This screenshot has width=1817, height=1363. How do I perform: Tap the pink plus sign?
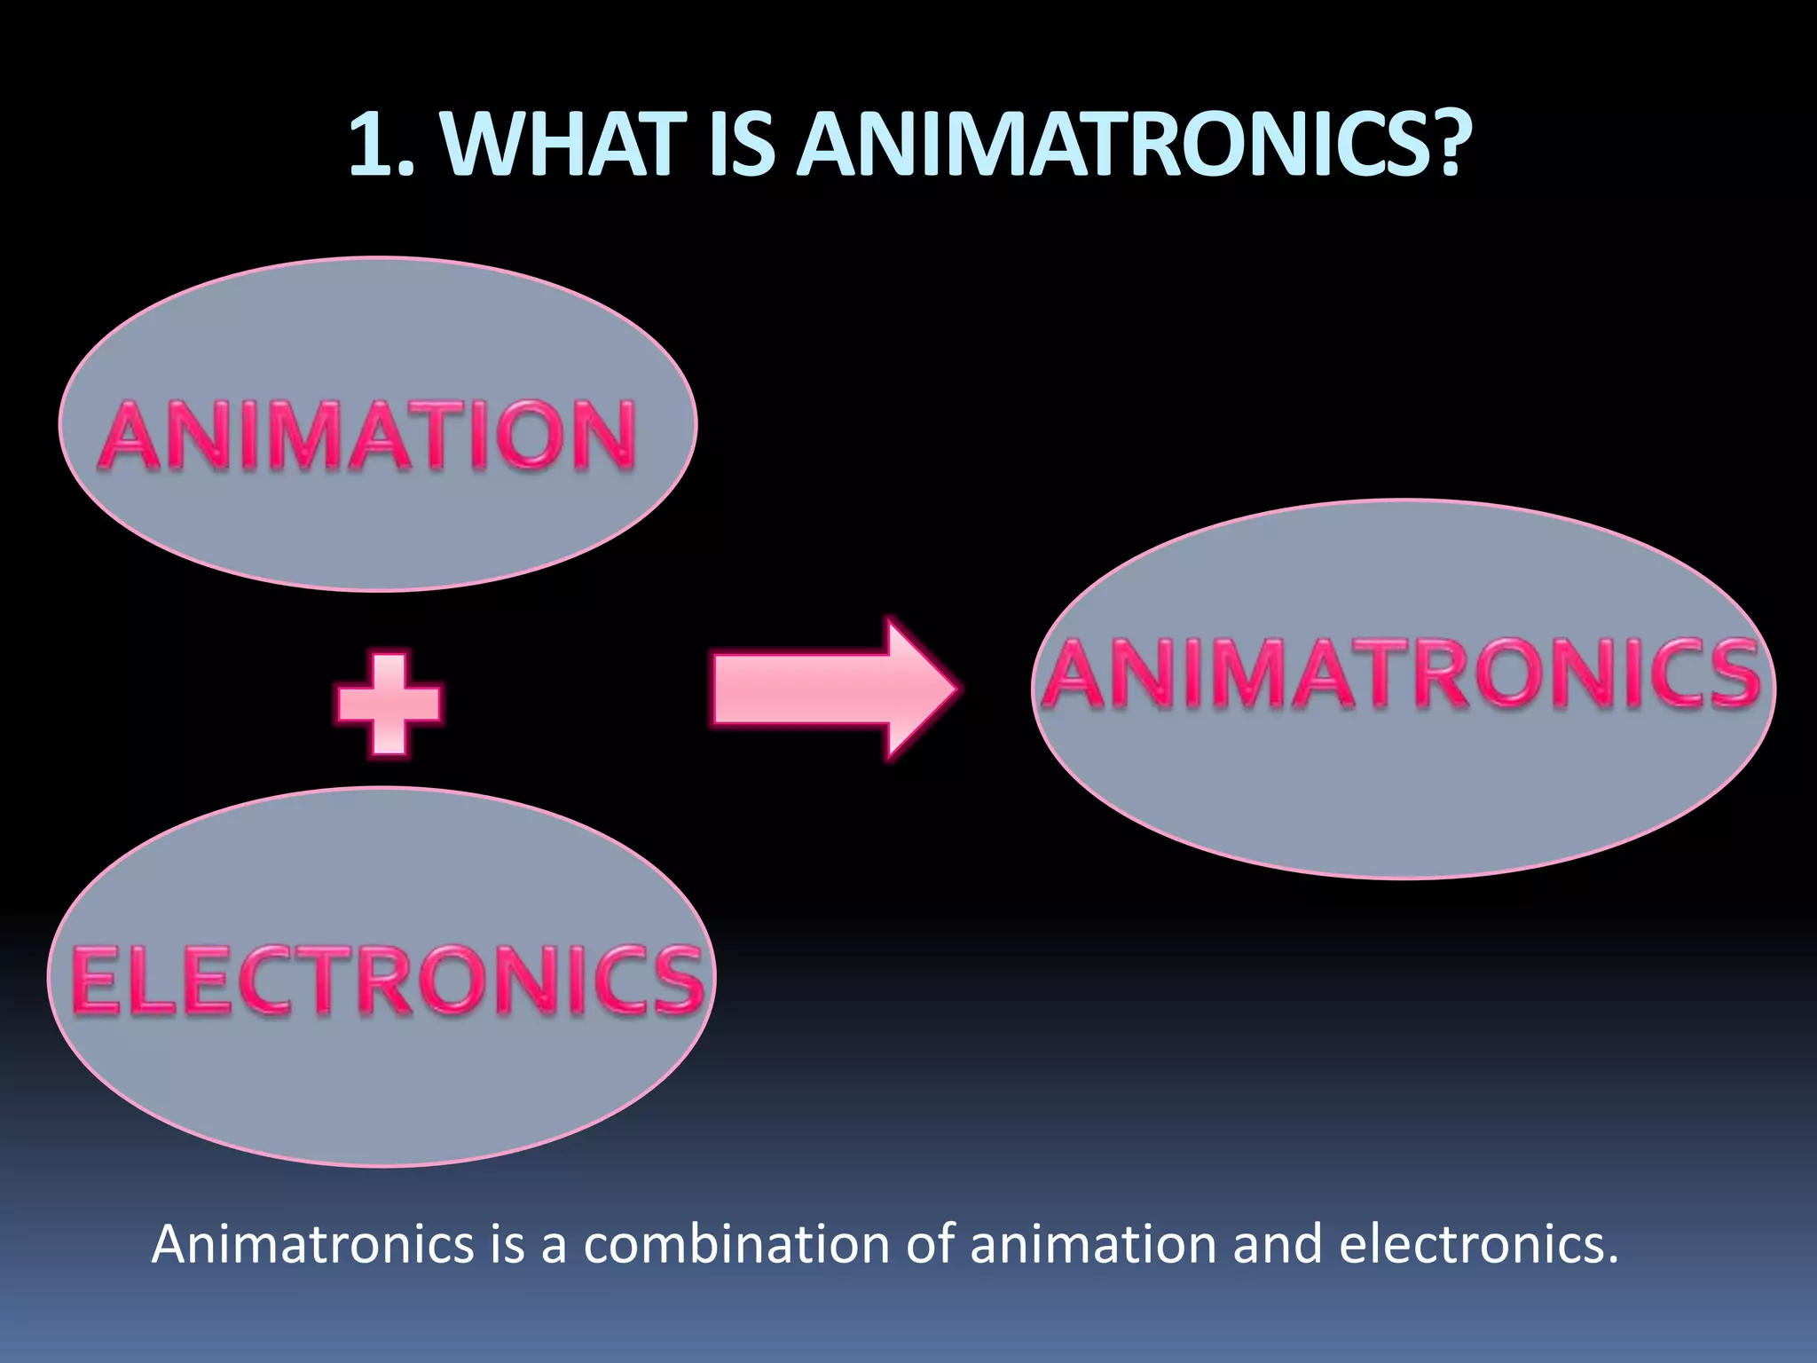(389, 703)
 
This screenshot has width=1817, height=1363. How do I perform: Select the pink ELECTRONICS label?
(386, 980)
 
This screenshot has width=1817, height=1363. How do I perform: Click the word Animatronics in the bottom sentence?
(313, 1244)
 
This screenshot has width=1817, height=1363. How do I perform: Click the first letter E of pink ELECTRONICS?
(97, 980)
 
